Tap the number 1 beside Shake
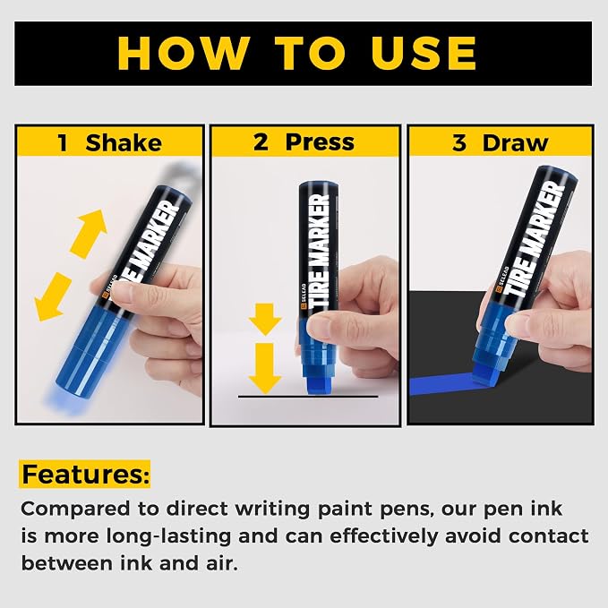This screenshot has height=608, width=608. (x=63, y=142)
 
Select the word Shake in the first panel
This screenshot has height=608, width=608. (x=124, y=142)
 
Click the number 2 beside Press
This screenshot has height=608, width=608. (x=261, y=142)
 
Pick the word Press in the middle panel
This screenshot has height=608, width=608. (x=320, y=142)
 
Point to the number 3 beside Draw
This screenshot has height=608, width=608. (x=459, y=142)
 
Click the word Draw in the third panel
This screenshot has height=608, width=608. (x=516, y=142)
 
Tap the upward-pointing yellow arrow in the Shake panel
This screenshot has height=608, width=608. (x=89, y=234)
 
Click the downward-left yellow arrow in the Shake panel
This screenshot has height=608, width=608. (x=53, y=296)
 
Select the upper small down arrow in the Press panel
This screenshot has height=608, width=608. (x=265, y=319)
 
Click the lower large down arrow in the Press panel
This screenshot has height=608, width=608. (x=265, y=368)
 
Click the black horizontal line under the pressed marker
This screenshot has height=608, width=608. (x=308, y=397)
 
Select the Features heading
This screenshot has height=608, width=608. (x=85, y=474)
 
